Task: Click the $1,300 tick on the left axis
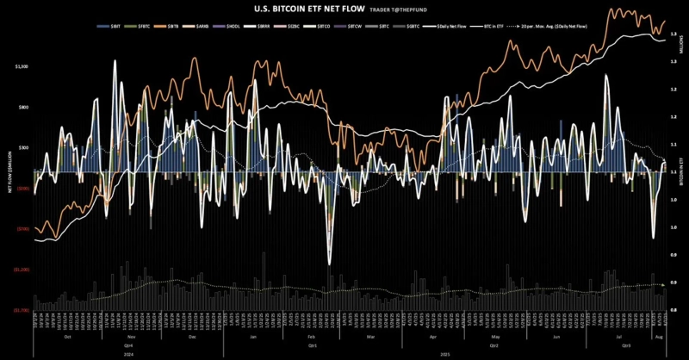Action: click(x=22, y=66)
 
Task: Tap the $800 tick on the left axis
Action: click(x=24, y=107)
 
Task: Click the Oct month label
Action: click(x=69, y=337)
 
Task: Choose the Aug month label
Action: click(x=660, y=337)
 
